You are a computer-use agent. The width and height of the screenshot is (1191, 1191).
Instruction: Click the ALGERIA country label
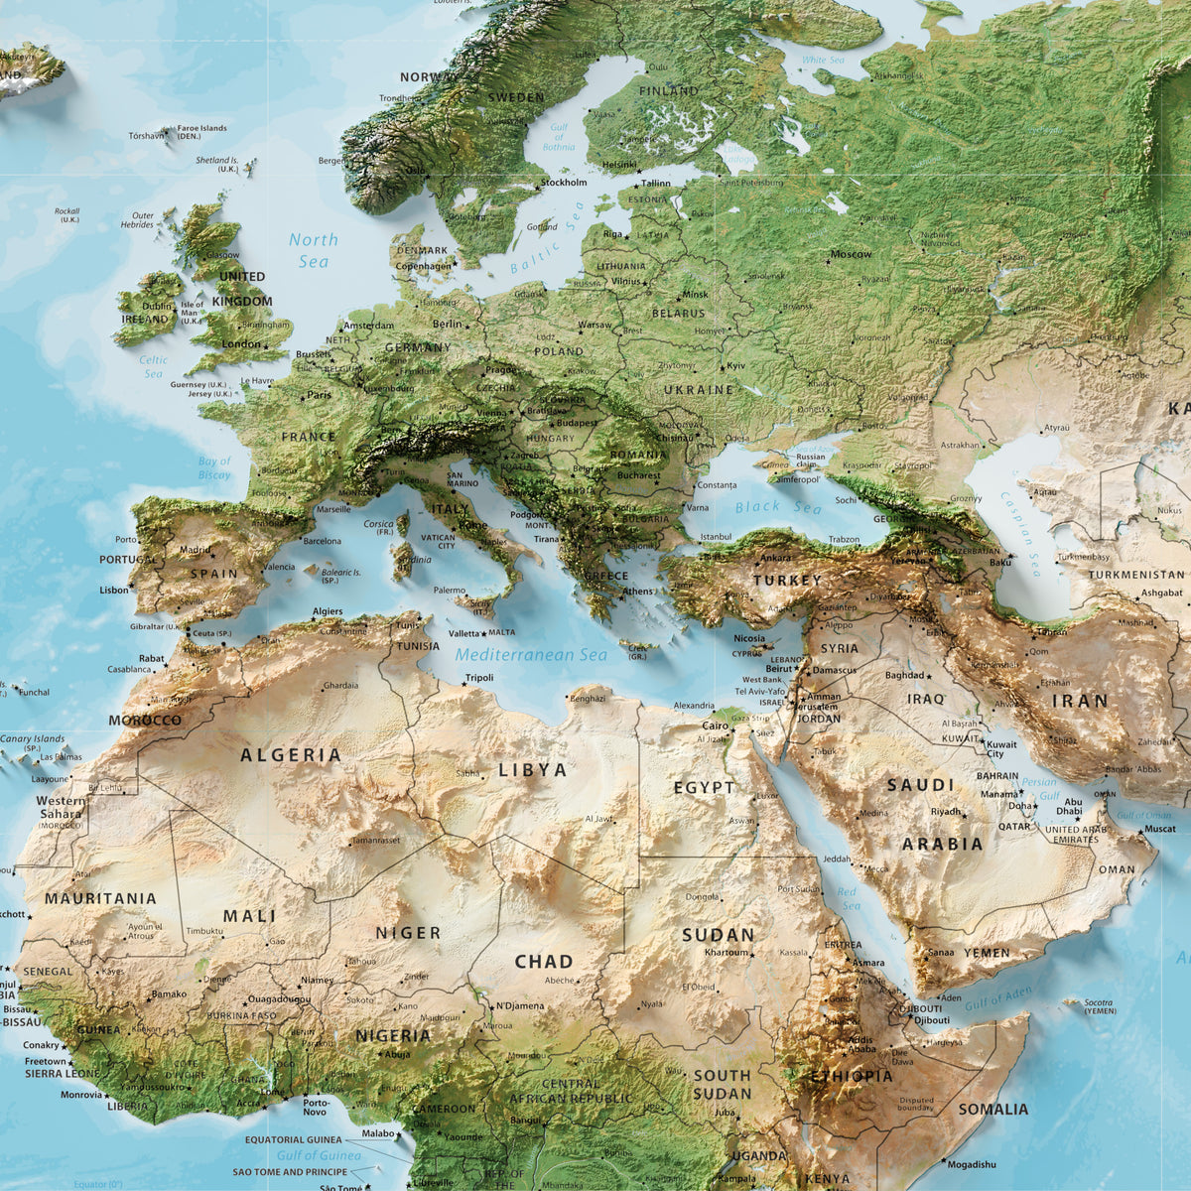click(291, 755)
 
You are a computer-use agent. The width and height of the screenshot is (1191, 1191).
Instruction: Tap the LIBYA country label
click(533, 770)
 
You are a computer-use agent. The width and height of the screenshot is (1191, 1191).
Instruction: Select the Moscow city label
click(852, 254)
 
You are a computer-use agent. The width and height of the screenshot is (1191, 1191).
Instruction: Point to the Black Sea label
click(778, 508)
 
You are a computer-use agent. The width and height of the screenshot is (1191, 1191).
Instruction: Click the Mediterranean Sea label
click(531, 655)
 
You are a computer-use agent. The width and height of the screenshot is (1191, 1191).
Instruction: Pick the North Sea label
click(314, 250)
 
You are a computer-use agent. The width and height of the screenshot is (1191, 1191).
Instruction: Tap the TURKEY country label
click(787, 581)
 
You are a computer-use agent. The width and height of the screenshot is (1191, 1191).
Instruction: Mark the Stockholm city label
click(563, 183)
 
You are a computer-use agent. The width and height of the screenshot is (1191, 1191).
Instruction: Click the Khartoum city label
click(726, 953)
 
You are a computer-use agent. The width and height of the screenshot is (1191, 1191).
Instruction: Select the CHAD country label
click(544, 961)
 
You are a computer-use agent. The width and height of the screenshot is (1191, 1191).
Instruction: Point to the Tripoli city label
click(479, 678)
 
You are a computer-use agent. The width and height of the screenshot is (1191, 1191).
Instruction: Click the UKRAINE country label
click(699, 390)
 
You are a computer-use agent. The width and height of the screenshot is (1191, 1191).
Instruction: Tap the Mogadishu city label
click(971, 1164)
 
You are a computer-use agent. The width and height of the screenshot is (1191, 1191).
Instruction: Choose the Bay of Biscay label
click(214, 467)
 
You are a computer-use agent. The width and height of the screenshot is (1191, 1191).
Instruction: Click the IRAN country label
click(1080, 701)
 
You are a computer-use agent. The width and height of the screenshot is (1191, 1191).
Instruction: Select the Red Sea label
click(848, 899)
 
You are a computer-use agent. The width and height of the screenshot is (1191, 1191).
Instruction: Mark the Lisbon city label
click(114, 590)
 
